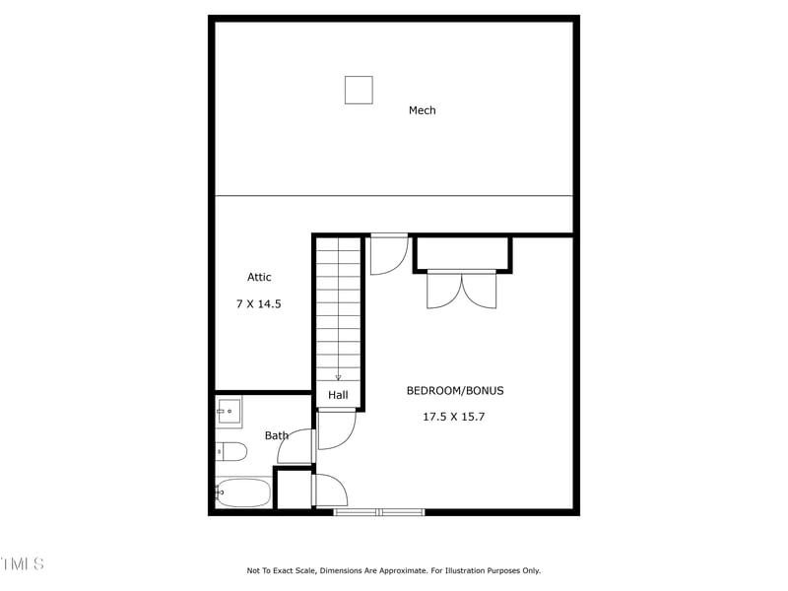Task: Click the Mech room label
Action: click(x=422, y=110)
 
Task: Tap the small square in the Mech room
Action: click(x=359, y=90)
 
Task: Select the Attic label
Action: click(x=259, y=278)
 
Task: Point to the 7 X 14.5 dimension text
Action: click(x=259, y=304)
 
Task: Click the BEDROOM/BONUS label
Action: click(x=454, y=391)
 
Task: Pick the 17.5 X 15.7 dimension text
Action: click(x=454, y=417)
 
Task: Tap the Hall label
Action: click(x=338, y=395)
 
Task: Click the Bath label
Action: click(x=277, y=435)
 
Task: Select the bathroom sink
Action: click(x=229, y=412)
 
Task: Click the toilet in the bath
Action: click(x=232, y=452)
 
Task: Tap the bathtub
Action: click(x=243, y=492)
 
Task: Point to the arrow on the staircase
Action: click(x=338, y=375)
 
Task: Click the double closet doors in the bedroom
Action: click(x=462, y=290)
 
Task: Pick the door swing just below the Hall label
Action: click(x=336, y=429)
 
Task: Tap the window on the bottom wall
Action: click(x=379, y=512)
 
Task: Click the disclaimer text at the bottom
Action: click(x=393, y=570)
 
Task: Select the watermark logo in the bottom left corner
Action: click(x=22, y=564)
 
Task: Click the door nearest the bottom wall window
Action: click(x=329, y=491)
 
